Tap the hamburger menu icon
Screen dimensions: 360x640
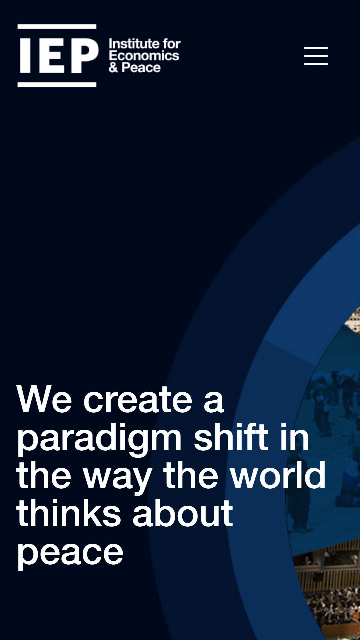click(316, 56)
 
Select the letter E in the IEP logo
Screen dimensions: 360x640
click(51, 55)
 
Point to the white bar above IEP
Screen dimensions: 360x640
click(57, 26)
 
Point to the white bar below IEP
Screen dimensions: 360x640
click(57, 84)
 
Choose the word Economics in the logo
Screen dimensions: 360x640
click(144, 56)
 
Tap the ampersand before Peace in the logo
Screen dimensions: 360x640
click(113, 68)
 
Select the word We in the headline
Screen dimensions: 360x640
click(44, 399)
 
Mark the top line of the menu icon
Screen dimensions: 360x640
click(316, 48)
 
